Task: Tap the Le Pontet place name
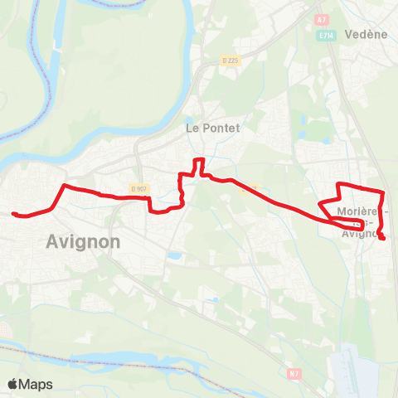click(211, 129)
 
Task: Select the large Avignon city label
click(80, 242)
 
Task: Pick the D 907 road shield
click(138, 188)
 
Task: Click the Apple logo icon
click(13, 384)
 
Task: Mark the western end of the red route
click(14, 214)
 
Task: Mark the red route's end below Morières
click(383, 239)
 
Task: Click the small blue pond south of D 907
click(173, 256)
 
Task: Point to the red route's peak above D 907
click(197, 159)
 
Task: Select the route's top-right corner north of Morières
click(381, 192)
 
